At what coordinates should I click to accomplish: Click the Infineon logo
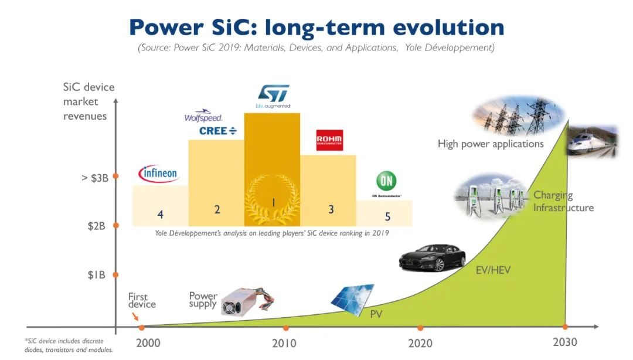point(158,174)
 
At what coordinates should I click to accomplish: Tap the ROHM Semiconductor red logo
point(329,140)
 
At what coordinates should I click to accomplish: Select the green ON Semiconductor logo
point(387,181)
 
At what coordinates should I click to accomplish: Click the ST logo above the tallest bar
point(273,94)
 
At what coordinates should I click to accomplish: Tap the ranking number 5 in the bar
point(387,216)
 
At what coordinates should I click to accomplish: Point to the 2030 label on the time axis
point(565,342)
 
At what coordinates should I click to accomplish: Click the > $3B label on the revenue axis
point(94,177)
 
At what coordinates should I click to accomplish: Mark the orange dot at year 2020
point(420,328)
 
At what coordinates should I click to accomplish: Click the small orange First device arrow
point(137,317)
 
